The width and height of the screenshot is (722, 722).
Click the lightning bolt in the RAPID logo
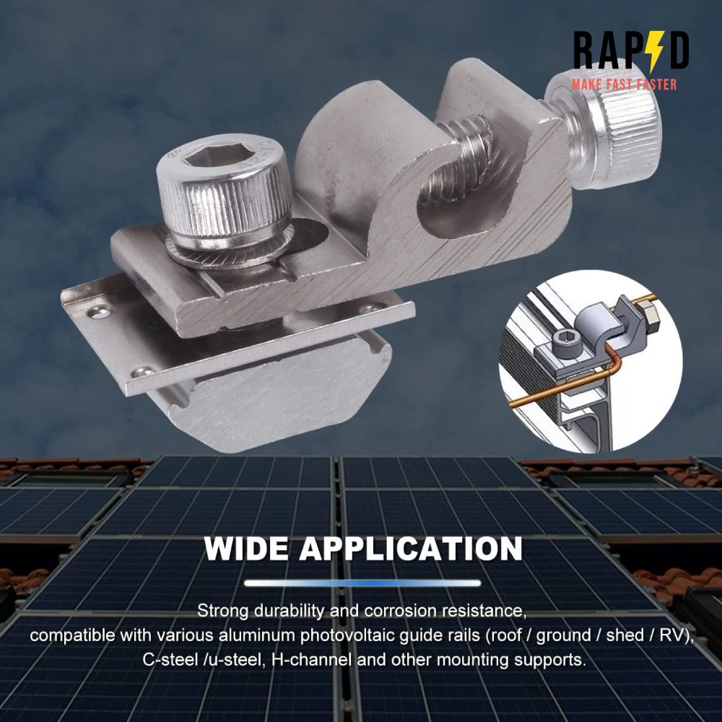point(655,51)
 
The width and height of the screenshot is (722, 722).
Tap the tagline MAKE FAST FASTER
point(624,84)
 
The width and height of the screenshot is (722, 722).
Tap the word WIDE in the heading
point(246,549)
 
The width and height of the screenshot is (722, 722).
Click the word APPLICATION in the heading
point(411,549)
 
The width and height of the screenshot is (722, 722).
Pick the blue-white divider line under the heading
point(362,583)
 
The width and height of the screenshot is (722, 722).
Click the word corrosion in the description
point(400,611)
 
